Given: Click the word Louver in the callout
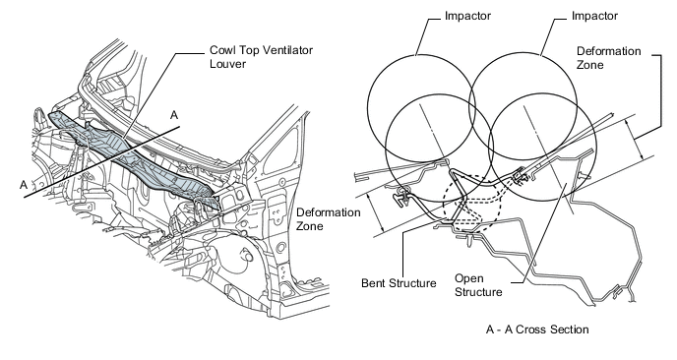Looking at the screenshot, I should pos(225,64).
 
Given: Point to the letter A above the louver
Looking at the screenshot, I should pos(174,115).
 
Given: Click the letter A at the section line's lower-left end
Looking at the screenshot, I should pos(22,183).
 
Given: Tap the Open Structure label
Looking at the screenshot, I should pos(479,283).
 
